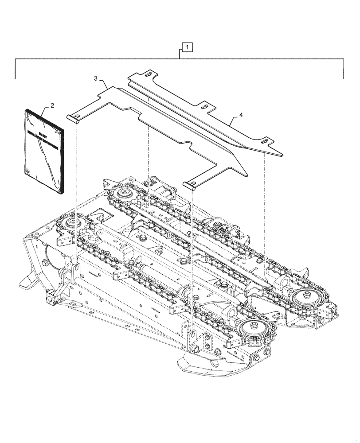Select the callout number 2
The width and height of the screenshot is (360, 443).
[52, 105]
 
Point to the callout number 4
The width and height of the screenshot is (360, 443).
[241, 115]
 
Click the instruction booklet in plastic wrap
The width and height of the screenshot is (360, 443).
[43, 151]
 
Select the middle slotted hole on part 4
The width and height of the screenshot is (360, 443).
[205, 106]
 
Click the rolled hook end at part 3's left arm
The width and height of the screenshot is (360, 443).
[73, 117]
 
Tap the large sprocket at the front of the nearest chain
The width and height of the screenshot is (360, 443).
[250, 330]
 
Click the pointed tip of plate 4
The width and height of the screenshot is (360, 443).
[281, 155]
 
